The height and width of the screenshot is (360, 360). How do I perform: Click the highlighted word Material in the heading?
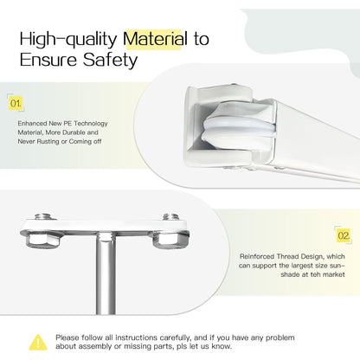tap(155, 39)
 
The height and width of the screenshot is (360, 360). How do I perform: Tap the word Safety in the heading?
tap(110, 61)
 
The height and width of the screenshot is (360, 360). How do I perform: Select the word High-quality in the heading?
tap(68, 40)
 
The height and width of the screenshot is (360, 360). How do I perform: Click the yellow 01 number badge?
tap(16, 103)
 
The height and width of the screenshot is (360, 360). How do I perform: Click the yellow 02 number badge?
tap(344, 235)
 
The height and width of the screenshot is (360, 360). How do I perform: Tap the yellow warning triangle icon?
tap(38, 343)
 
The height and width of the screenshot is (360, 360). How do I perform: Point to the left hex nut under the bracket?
tap(42, 240)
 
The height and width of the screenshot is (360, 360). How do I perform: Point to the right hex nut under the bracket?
tap(170, 240)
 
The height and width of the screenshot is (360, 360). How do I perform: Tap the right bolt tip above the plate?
tap(170, 216)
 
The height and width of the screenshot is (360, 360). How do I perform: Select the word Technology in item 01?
tap(91, 124)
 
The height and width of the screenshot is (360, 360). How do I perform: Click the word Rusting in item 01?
tap(48, 142)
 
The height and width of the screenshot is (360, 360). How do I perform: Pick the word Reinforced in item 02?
tap(257, 256)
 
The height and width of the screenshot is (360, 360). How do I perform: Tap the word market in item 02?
tap(334, 274)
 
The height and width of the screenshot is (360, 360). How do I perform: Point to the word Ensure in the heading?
tap(48, 60)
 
